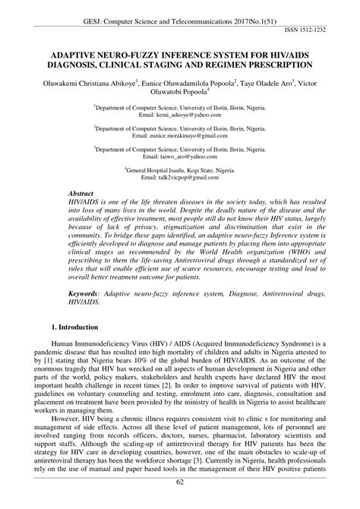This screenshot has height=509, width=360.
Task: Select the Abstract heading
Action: [81, 194]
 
